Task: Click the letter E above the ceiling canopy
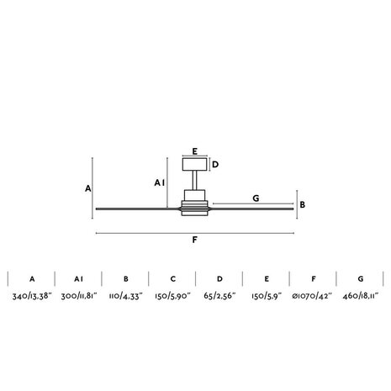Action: pyautogui.click(x=195, y=151)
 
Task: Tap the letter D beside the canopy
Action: pyautogui.click(x=215, y=165)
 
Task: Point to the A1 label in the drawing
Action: pyautogui.click(x=160, y=183)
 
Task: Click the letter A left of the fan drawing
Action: pyautogui.click(x=88, y=188)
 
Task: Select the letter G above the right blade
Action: pyautogui.click(x=256, y=198)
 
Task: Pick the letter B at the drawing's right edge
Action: pyautogui.click(x=303, y=205)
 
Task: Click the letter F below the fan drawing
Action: pyautogui.click(x=195, y=240)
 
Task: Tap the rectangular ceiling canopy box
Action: pyautogui.click(x=195, y=164)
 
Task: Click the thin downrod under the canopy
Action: pyautogui.click(x=194, y=181)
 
